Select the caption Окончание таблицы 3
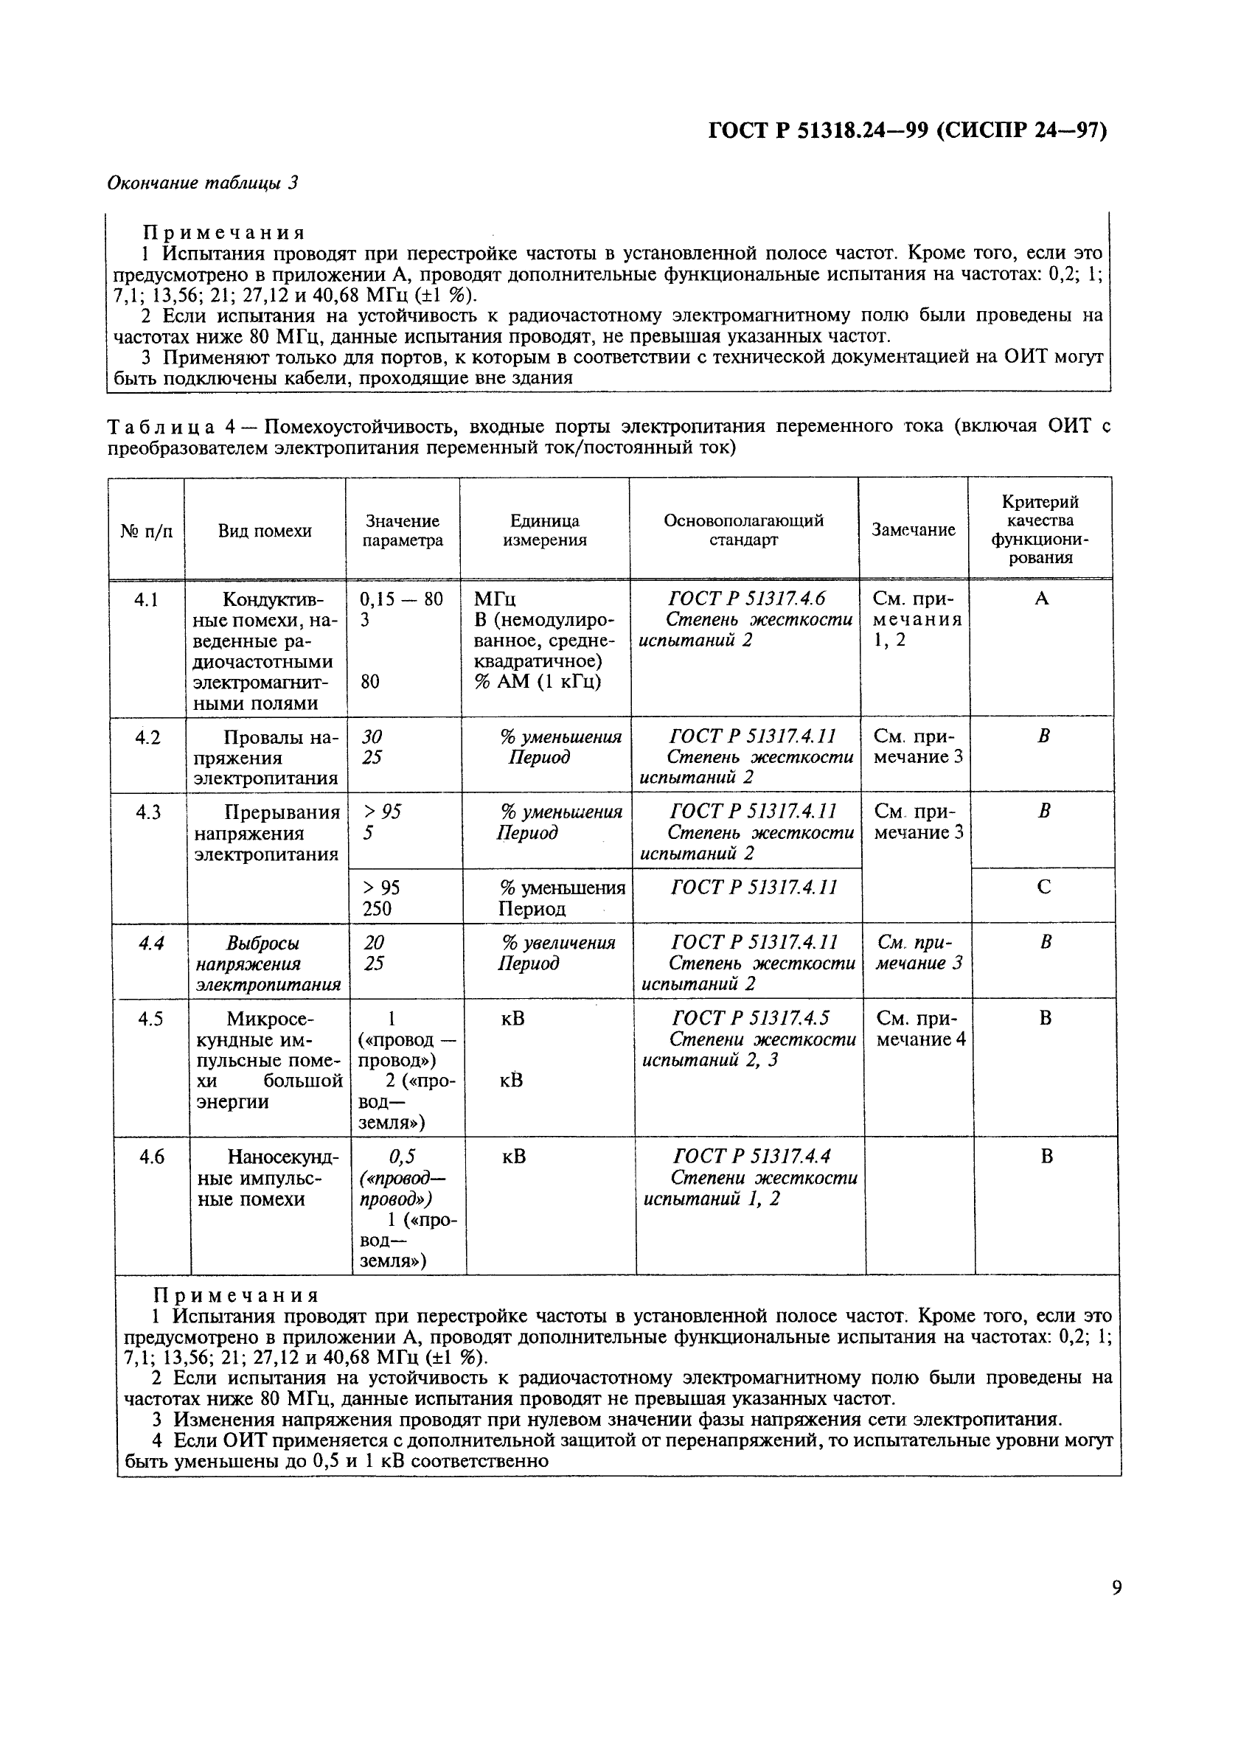[x=202, y=183]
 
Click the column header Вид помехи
[x=265, y=531]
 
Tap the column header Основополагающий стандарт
[x=743, y=530]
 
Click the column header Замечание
[x=914, y=530]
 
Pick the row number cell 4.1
[x=147, y=600]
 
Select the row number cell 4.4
[x=151, y=943]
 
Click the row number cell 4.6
[x=152, y=1157]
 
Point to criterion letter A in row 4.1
[x=1041, y=599]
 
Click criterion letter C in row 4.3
[x=1044, y=887]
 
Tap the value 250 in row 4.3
[x=377, y=908]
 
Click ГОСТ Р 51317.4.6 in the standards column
[x=745, y=599]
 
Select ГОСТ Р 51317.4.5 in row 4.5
[x=750, y=1018]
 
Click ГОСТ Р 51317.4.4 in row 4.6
[x=751, y=1157]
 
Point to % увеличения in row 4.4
[x=557, y=943]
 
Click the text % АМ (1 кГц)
[x=538, y=682]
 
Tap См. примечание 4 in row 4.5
[x=920, y=1029]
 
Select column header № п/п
[x=147, y=531]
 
